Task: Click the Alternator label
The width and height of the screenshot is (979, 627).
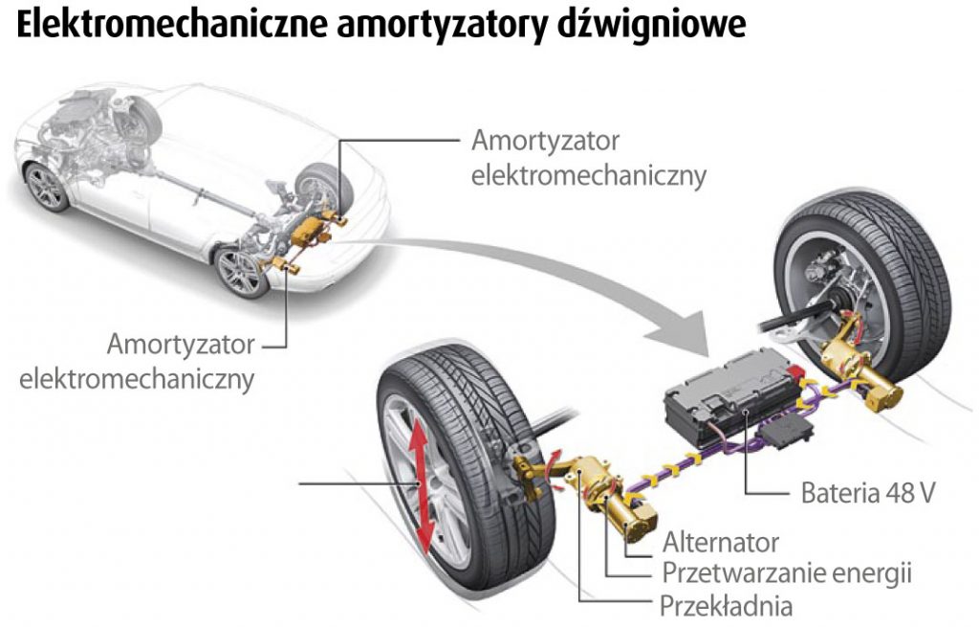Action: (721, 543)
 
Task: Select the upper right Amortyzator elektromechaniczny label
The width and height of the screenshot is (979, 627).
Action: (588, 158)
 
